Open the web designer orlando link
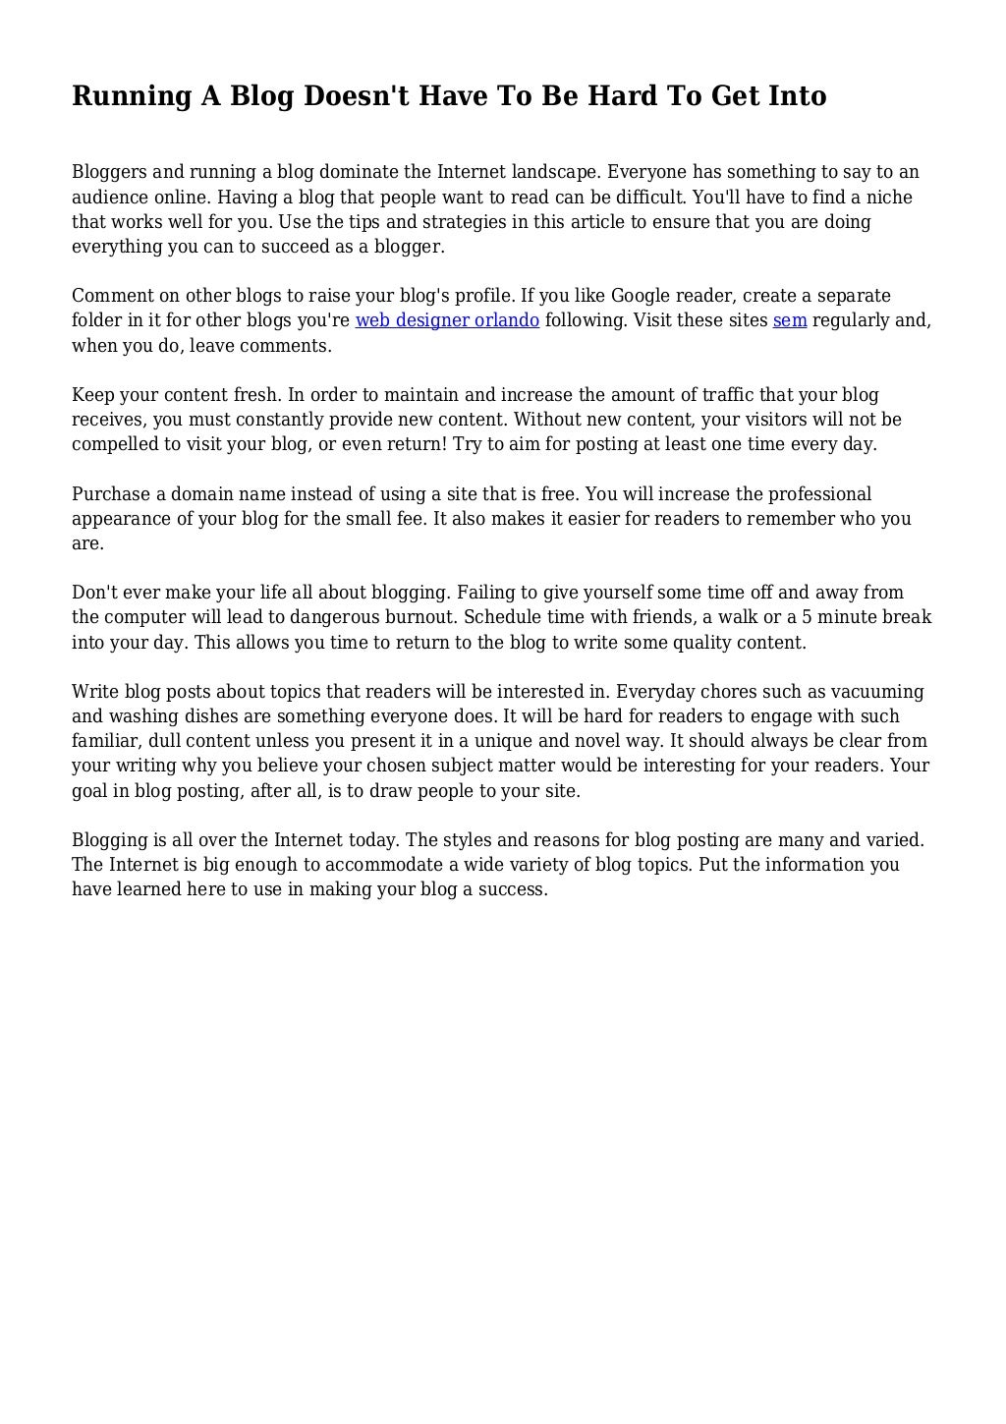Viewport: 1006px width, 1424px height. pyautogui.click(x=447, y=320)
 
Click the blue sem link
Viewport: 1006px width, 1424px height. pyautogui.click(x=790, y=320)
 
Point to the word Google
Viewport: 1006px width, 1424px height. pyautogui.click(x=643, y=296)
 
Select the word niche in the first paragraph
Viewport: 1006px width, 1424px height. pyautogui.click(x=887, y=198)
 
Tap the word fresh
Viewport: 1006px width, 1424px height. pyautogui.click(x=255, y=395)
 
